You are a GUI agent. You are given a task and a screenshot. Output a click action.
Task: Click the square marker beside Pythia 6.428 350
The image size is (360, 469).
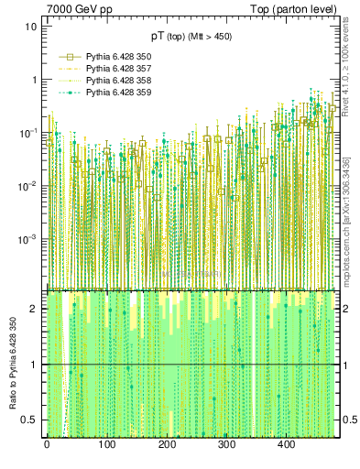coord(70,56)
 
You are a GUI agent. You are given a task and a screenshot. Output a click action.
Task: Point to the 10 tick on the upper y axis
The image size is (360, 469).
coord(31,27)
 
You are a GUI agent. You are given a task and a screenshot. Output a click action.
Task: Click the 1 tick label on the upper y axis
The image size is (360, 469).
coord(34,80)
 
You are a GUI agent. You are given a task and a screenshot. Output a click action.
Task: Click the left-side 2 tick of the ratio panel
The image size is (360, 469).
coord(34,309)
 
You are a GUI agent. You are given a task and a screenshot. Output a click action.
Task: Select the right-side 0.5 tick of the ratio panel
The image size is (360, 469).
coord(348,420)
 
